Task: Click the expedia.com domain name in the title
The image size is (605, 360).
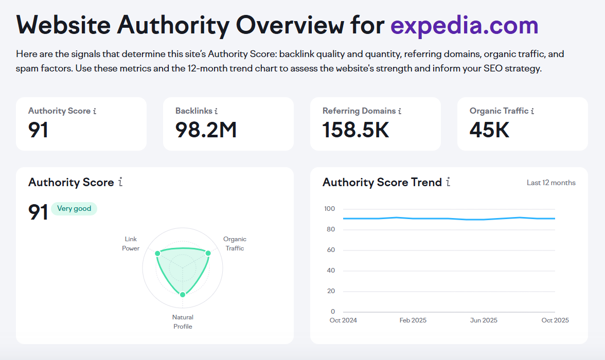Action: pos(464,25)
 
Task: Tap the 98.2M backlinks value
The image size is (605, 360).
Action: pos(206,130)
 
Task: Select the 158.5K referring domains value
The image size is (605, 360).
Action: pos(355,130)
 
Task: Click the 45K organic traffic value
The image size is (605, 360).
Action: pos(489,130)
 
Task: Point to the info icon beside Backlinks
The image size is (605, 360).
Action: pos(216,111)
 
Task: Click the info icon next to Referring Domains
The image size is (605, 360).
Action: pos(400,111)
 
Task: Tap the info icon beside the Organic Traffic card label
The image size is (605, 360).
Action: pos(532,111)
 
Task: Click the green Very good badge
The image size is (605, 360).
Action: pos(74,209)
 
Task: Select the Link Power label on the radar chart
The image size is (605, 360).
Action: pos(131,244)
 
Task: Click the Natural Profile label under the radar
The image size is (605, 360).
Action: pos(183,321)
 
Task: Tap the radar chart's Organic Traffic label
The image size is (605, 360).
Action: pos(235,244)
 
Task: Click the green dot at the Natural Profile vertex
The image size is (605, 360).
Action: pos(183,294)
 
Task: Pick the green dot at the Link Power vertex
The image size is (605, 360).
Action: pos(157,254)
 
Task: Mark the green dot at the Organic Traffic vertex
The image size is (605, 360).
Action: pos(208,254)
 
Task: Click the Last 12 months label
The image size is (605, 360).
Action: pos(551,183)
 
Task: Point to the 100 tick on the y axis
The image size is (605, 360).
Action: pos(329,209)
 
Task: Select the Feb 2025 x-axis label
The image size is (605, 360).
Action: pos(413,320)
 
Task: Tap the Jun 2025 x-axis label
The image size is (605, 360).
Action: pos(484,320)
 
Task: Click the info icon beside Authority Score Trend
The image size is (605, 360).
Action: pos(448,182)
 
